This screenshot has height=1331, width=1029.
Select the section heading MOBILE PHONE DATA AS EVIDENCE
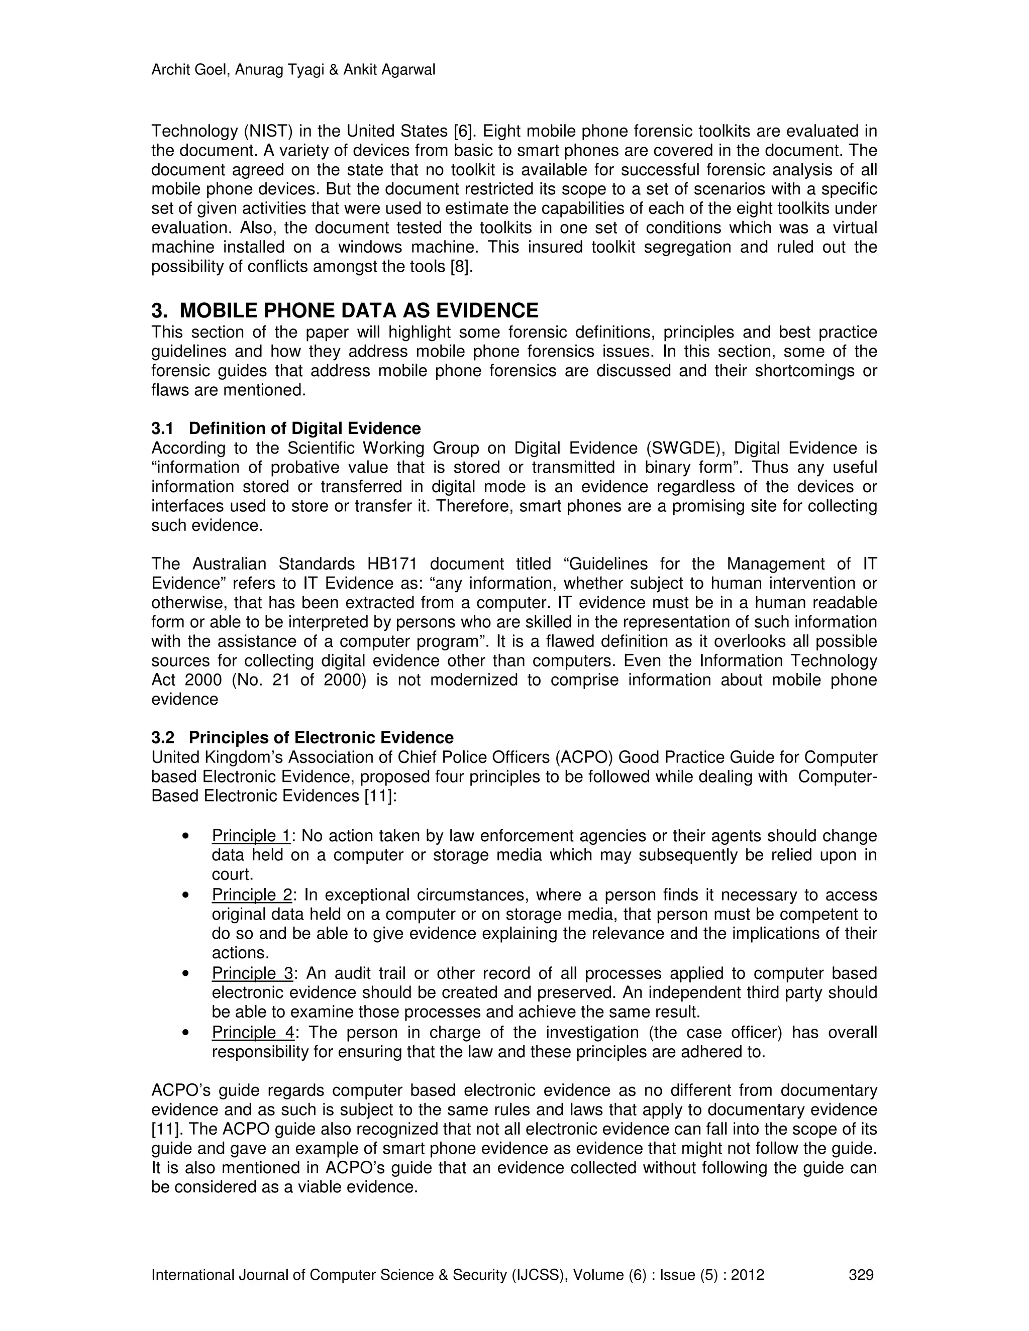pyautogui.click(x=359, y=311)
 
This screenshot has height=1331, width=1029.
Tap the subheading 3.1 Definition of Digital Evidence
pyautogui.click(x=286, y=428)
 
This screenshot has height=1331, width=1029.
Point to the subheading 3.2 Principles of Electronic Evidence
pyautogui.click(x=302, y=738)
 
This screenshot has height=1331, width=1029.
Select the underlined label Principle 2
pyautogui.click(x=252, y=895)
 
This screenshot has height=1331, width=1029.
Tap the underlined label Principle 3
pyautogui.click(x=252, y=973)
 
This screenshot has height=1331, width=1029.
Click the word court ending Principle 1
pyautogui.click(x=232, y=874)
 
